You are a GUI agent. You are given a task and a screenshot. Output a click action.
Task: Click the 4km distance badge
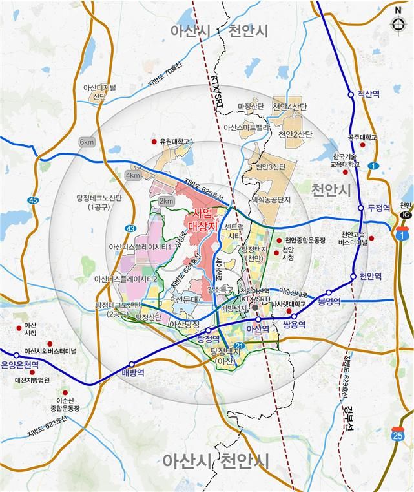pyautogui.click(x=133, y=175)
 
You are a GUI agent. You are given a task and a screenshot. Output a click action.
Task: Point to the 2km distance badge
pyautogui.click(x=167, y=202)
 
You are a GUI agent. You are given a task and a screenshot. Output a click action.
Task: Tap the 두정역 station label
pyautogui.click(x=379, y=208)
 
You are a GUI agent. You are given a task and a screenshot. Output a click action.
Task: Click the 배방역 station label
pyautogui.click(x=132, y=373)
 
